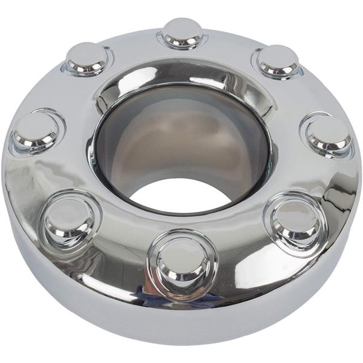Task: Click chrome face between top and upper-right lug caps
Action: coord(233,45)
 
